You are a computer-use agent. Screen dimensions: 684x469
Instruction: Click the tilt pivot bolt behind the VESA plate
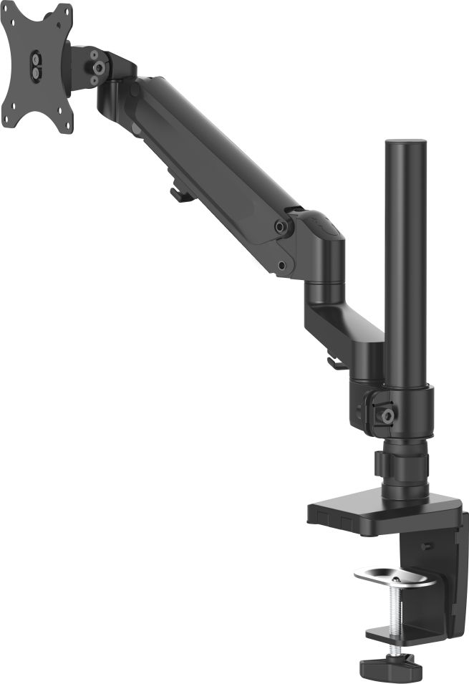click(95, 67)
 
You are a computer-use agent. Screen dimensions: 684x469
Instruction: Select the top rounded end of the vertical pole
click(405, 145)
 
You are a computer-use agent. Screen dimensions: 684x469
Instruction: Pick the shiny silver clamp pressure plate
click(394, 577)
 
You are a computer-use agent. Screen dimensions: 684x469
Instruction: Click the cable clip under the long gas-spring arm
click(180, 194)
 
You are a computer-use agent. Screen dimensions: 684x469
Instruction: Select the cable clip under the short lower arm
click(334, 362)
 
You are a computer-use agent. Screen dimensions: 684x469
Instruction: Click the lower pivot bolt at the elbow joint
click(282, 266)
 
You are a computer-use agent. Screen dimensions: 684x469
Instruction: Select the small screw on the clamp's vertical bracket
click(427, 546)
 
